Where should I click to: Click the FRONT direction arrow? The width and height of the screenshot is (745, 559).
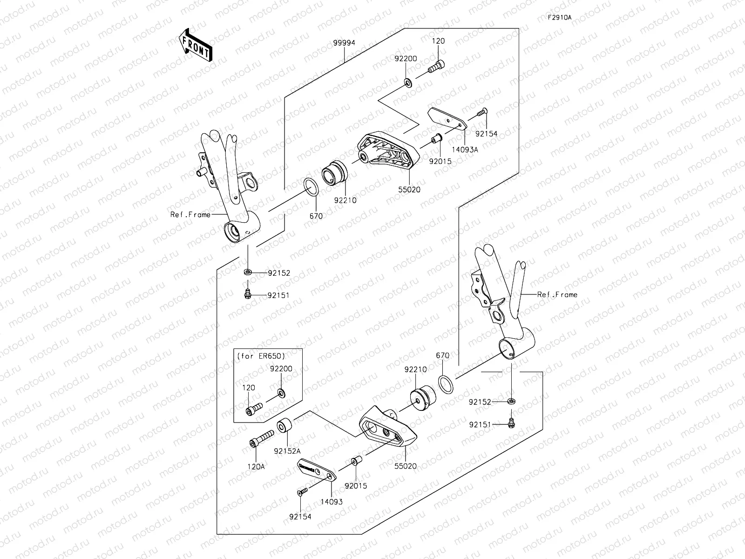[x=195, y=45]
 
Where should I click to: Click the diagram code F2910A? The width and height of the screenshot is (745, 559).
[x=559, y=18]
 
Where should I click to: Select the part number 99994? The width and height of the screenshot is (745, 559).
[x=344, y=42]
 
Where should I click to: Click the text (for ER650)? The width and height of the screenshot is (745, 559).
[x=261, y=355]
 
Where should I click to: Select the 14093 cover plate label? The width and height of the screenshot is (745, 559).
[x=331, y=502]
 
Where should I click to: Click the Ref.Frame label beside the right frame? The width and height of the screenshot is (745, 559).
[x=557, y=294]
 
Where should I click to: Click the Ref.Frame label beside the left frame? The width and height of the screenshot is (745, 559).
[x=190, y=215]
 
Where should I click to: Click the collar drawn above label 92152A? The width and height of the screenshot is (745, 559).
[x=284, y=426]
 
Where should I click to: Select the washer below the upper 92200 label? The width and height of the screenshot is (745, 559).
[x=407, y=83]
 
